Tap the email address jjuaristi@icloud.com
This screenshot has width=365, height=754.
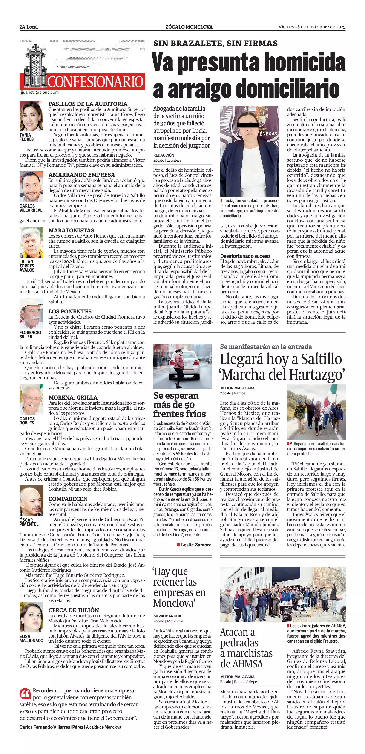click(40, 92)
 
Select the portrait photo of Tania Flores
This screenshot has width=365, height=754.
click(31, 116)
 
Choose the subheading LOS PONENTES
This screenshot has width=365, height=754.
click(70, 311)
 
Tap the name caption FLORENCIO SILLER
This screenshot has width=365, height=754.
click(30, 335)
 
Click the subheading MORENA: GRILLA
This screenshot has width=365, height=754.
click(73, 397)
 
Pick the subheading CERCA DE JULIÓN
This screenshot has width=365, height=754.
click(74, 610)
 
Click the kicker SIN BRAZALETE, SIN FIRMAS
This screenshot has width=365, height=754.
click(216, 43)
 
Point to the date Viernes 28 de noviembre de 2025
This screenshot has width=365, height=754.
click(312, 27)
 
